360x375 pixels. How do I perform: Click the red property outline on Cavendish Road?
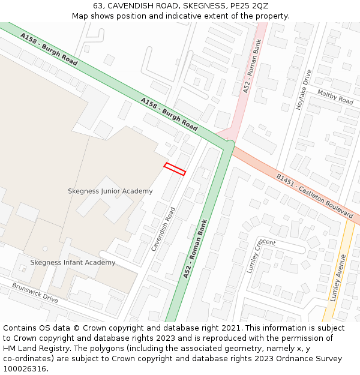point(175,169)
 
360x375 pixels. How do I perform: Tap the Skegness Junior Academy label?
point(110,191)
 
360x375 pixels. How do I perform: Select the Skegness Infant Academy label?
point(73,263)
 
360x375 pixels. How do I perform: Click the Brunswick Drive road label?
point(35,292)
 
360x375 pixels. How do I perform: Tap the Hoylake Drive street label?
point(304,89)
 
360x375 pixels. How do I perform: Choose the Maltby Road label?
point(335,97)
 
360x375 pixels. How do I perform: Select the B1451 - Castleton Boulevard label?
point(314,196)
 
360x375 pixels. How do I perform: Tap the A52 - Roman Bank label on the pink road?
point(253,67)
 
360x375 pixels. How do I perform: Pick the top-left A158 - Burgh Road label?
point(49,49)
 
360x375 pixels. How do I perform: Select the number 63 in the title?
point(98,6)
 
